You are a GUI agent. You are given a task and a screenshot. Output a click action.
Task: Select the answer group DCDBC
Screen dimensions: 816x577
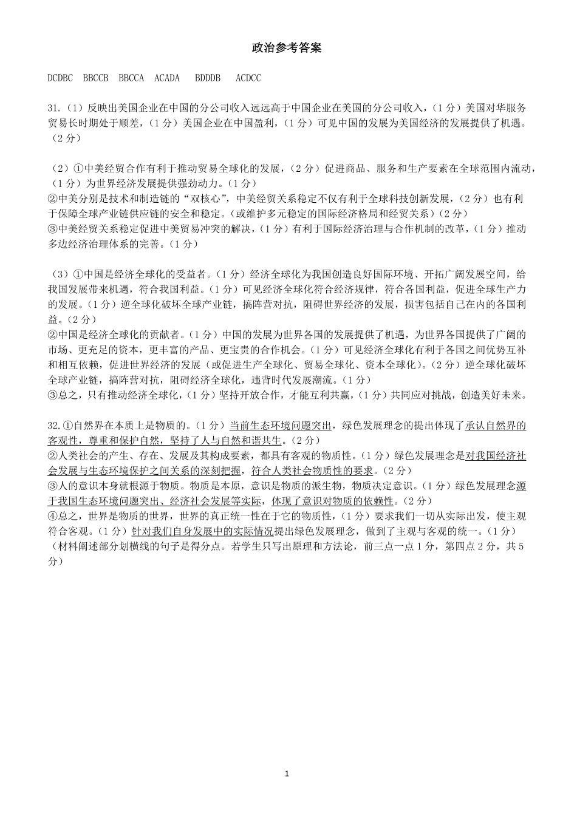pos(60,78)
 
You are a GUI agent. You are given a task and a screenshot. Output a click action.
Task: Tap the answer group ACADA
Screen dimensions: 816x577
pos(167,78)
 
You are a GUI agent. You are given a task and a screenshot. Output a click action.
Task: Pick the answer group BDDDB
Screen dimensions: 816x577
pos(208,78)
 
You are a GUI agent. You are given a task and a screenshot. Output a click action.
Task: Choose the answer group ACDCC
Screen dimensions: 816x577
pos(248,78)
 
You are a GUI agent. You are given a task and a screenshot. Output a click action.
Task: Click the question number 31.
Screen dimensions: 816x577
pos(54,108)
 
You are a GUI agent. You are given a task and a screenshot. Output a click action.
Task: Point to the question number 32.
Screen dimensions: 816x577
pos(54,425)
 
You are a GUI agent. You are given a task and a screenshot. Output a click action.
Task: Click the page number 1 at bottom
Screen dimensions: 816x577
pos(287,773)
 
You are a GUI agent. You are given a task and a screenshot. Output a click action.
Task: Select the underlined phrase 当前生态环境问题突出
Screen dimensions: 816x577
pos(280,425)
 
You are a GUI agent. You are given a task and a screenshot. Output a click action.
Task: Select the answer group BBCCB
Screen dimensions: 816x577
pos(96,78)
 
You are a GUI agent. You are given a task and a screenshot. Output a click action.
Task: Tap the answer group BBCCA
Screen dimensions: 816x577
pos(131,78)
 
